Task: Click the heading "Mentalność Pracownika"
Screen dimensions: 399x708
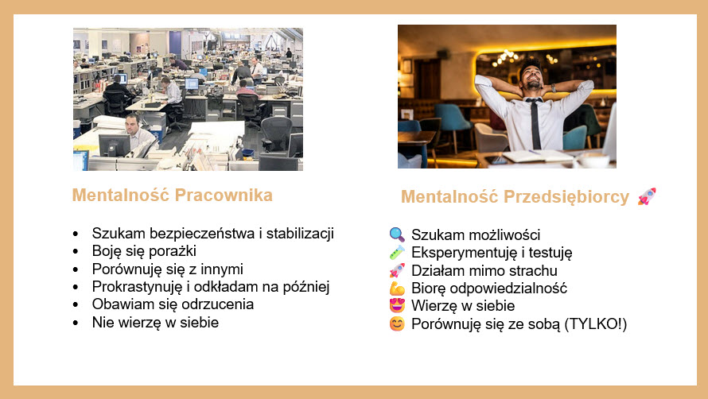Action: tap(172, 195)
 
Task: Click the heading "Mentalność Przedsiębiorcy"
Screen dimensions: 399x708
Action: tap(515, 196)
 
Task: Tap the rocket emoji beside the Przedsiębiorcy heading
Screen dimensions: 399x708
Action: tap(647, 196)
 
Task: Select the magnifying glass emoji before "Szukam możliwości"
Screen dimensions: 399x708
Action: tap(397, 234)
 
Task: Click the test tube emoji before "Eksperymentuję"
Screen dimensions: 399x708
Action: tap(397, 253)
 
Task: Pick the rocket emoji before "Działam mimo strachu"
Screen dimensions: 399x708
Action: tap(397, 270)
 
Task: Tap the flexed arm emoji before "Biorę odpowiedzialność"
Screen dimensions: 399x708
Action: tap(397, 289)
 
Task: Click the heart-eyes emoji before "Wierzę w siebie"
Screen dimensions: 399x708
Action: tap(397, 306)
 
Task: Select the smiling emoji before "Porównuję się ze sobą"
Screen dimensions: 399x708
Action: tap(397, 324)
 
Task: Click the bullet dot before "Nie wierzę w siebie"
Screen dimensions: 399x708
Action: tap(76, 323)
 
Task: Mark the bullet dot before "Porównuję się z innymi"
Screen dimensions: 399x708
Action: tap(76, 269)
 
